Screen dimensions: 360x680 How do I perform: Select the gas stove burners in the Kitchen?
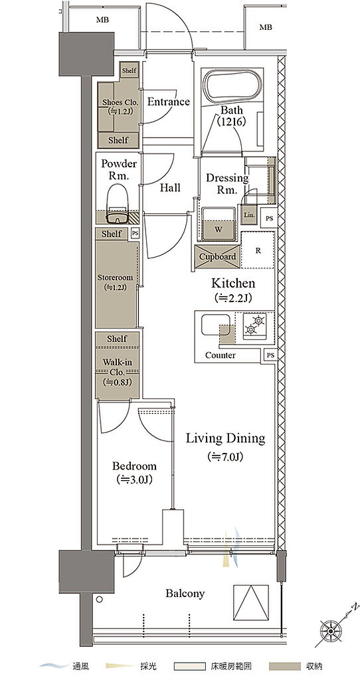[254, 325]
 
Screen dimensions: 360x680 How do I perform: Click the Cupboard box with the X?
[218, 256]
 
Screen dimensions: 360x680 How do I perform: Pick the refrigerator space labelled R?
[258, 250]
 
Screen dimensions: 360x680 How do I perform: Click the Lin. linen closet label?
[249, 214]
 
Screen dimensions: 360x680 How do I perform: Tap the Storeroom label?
[115, 278]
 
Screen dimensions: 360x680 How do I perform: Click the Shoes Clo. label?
[120, 102]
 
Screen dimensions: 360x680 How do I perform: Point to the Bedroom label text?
[134, 466]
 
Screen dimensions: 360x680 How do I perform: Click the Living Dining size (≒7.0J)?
[225, 456]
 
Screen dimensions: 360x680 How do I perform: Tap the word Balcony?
[185, 593]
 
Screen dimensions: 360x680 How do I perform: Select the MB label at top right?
[266, 27]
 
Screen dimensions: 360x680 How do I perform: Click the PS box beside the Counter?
[270, 355]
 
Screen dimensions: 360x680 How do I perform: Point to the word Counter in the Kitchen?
[221, 355]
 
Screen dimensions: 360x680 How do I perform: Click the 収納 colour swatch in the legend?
[285, 665]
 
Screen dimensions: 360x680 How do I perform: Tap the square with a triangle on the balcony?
[251, 598]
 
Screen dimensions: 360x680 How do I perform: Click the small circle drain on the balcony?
[100, 600]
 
